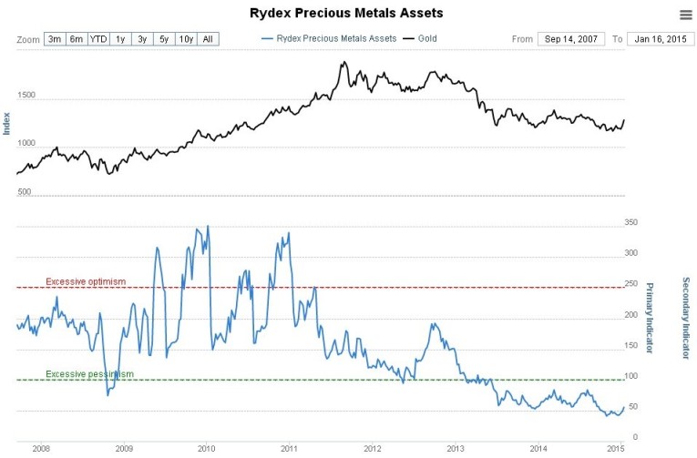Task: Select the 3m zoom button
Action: [55, 39]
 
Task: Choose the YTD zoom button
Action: [98, 39]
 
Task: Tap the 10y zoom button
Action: [186, 39]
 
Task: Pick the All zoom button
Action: [209, 39]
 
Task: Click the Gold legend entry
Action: [425, 39]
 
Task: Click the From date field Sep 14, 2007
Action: [570, 39]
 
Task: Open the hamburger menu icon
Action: [685, 14]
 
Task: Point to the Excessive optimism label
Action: [86, 281]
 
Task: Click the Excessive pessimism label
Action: [89, 374]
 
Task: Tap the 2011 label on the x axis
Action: [289, 448]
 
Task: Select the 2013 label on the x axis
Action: [455, 448]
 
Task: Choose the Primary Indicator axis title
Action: [651, 313]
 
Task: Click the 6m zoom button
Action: [77, 39]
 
